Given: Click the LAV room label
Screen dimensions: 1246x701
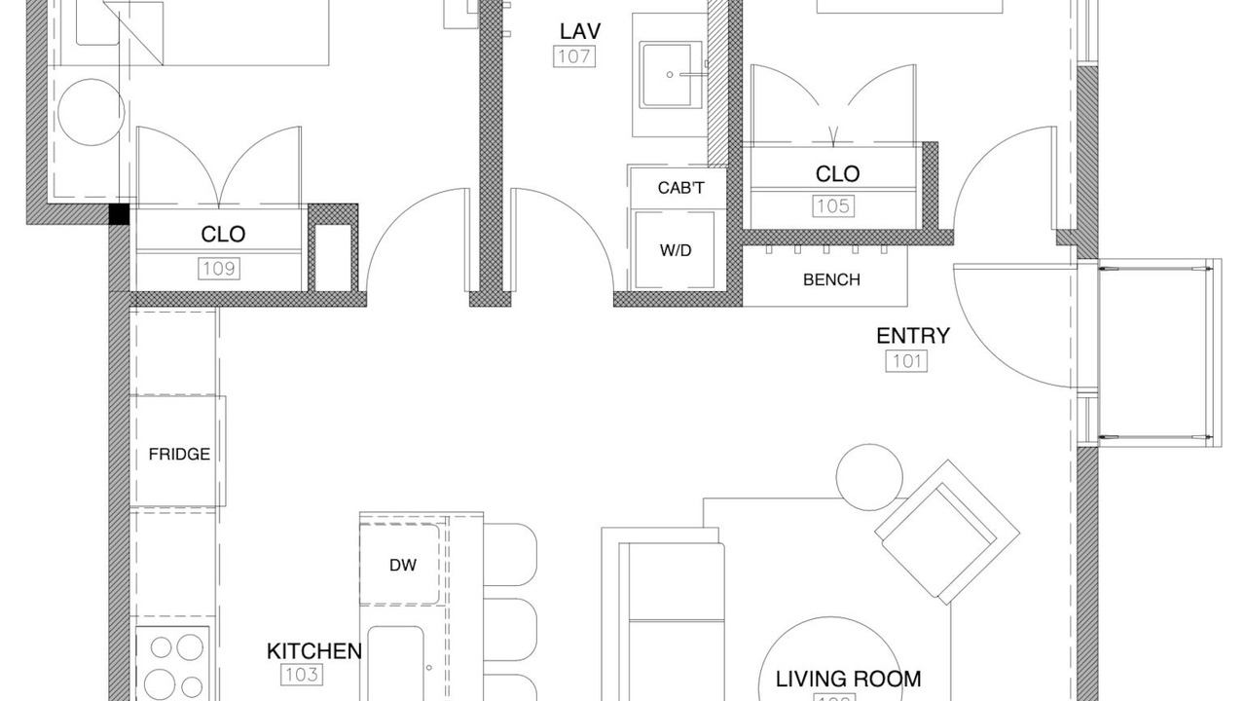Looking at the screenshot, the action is (x=580, y=32).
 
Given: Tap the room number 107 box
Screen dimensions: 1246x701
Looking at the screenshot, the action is (x=574, y=56).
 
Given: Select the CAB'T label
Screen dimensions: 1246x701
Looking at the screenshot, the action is (x=680, y=188).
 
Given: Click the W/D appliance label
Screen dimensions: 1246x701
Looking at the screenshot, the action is (x=676, y=250).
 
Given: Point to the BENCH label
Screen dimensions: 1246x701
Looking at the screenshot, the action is (x=831, y=279).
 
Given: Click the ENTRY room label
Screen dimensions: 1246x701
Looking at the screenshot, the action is (x=913, y=336).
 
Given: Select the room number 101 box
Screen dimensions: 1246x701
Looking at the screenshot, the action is (x=906, y=361).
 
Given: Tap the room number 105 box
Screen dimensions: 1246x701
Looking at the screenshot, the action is (x=833, y=206).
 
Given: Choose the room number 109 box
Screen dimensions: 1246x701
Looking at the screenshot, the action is (x=219, y=269).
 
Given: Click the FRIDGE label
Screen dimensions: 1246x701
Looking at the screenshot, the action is (x=179, y=455).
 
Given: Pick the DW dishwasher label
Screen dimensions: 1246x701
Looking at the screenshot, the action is (x=403, y=566).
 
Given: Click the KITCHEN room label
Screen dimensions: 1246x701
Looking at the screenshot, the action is (x=314, y=651).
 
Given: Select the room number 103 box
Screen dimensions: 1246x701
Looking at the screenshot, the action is (x=302, y=675).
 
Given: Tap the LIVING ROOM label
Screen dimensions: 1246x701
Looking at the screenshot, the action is (x=848, y=680).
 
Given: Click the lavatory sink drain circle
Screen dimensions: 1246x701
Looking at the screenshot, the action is (x=670, y=75).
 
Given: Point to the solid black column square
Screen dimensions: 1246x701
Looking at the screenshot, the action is (x=119, y=214).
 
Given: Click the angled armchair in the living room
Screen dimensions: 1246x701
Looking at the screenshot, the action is (x=947, y=532).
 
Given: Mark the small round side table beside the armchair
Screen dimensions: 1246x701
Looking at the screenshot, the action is (x=869, y=477).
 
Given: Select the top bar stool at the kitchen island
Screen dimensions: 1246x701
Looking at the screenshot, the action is (x=510, y=554).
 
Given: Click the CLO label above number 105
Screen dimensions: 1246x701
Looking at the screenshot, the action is (x=838, y=174).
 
